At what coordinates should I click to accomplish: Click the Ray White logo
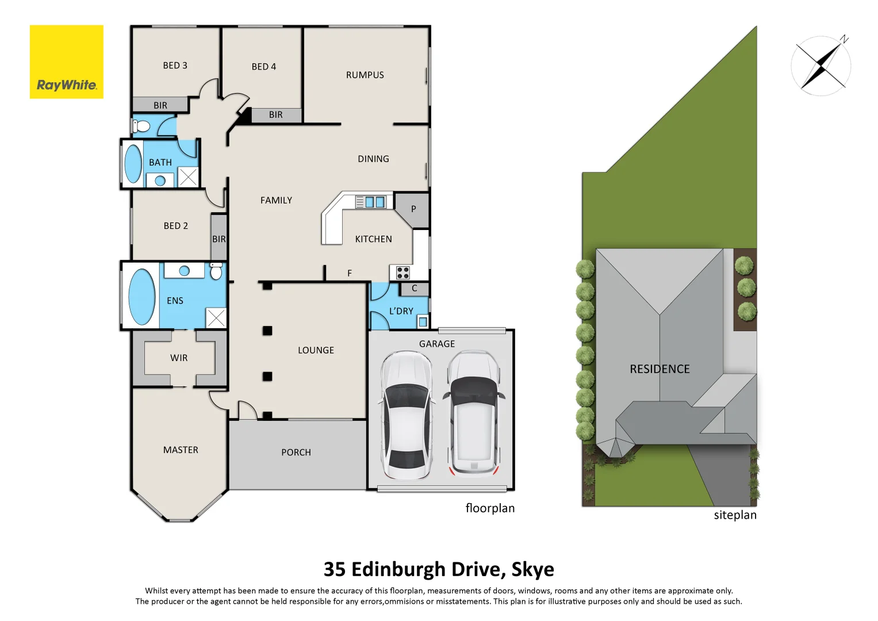tap(67, 62)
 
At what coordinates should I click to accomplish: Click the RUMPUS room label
tap(365, 75)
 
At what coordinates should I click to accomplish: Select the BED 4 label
tap(263, 67)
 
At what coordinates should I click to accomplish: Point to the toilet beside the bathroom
tap(141, 126)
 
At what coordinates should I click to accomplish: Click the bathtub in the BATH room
tap(133, 164)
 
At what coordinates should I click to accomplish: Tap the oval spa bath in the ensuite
tap(141, 297)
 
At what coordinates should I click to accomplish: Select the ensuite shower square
tap(216, 318)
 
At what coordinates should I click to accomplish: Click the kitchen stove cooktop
tap(402, 273)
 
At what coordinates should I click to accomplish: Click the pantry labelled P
tap(413, 209)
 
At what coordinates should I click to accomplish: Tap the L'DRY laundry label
tap(401, 311)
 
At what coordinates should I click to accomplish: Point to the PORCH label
tap(296, 453)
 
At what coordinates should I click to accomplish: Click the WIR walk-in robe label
tap(179, 358)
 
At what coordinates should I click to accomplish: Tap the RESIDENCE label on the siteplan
tap(660, 369)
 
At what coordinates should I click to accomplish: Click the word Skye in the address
tap(532, 569)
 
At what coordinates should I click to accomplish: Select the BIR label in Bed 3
tap(160, 105)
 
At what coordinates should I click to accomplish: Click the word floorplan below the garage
tap(490, 508)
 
